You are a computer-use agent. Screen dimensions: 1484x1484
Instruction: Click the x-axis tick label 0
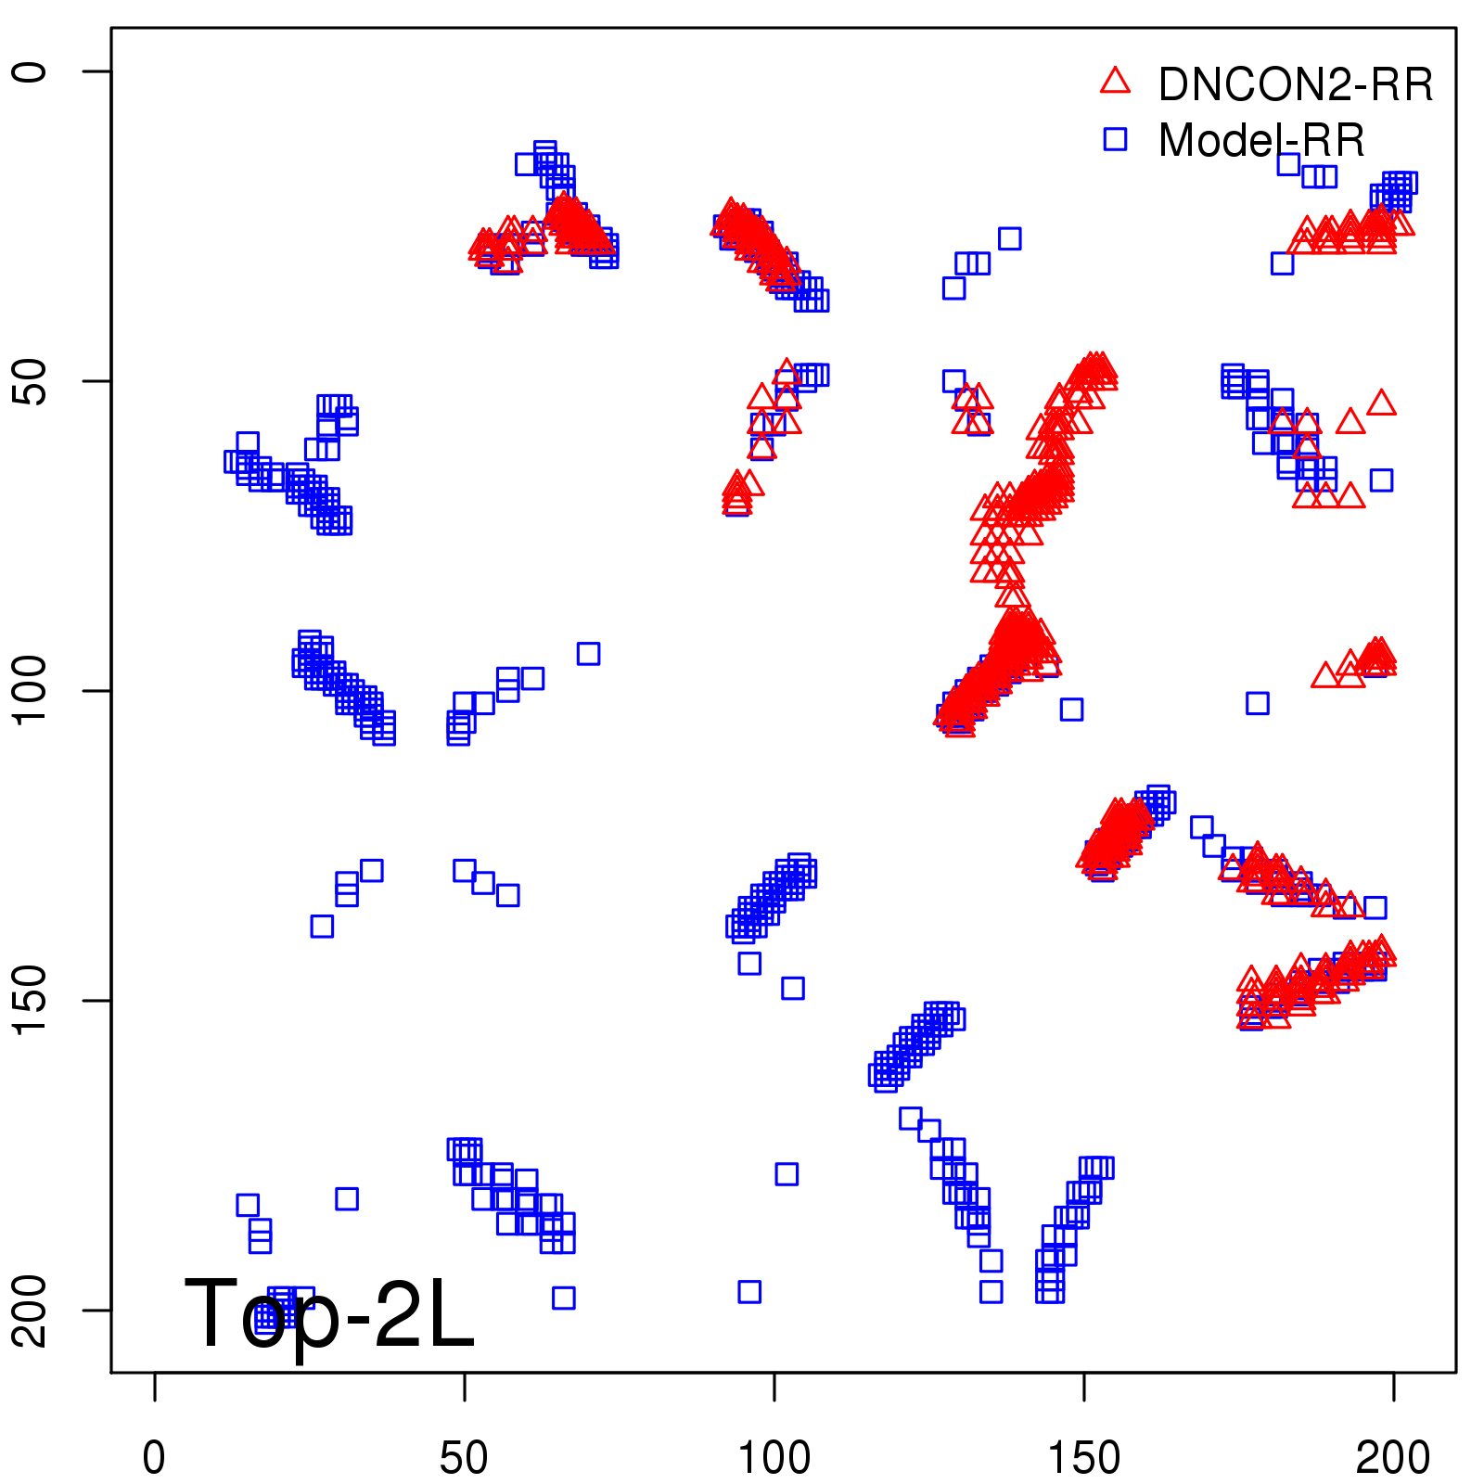tap(154, 1458)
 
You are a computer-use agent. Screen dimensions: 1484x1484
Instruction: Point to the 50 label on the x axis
tap(464, 1458)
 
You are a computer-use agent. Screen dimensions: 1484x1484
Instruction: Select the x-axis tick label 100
tap(774, 1458)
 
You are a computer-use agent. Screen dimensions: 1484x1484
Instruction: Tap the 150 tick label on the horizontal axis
tap(1083, 1458)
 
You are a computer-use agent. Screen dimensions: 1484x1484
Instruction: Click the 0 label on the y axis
tap(30, 71)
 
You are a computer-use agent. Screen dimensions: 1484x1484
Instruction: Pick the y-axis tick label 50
tap(30, 381)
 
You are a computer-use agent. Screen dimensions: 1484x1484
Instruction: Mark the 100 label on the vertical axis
tap(30, 691)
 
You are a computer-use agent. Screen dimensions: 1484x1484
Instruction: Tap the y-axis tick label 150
tap(30, 1000)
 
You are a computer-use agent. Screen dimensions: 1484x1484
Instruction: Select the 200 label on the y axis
tap(30, 1310)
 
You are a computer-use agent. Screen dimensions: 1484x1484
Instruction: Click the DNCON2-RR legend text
tap(1296, 84)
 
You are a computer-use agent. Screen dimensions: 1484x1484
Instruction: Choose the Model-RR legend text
tap(1261, 140)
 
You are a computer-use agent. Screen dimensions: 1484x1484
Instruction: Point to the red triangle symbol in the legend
tap(1115, 82)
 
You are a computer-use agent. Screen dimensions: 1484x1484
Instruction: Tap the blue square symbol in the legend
tap(1115, 139)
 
